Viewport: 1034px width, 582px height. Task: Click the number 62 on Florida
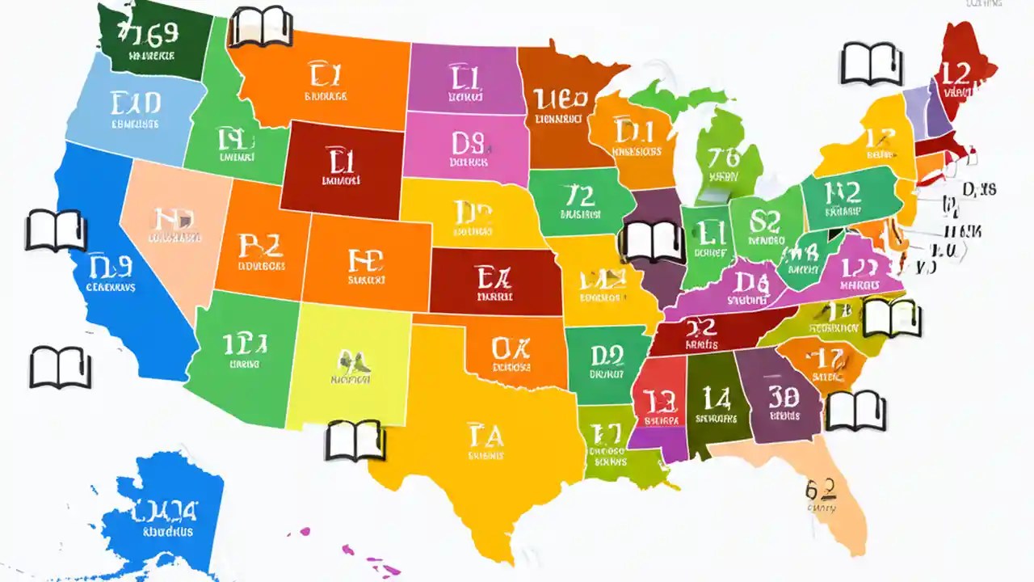820,489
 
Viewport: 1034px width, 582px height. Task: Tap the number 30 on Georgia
784,397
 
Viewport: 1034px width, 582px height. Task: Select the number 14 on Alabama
716,399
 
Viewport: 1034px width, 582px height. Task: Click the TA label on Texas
485,436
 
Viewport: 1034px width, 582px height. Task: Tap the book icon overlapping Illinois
645,241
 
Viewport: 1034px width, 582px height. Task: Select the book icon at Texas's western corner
354,441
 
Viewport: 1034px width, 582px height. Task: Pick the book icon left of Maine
869,64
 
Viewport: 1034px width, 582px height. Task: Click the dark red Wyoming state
339,170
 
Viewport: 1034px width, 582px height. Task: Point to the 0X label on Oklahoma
511,348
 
